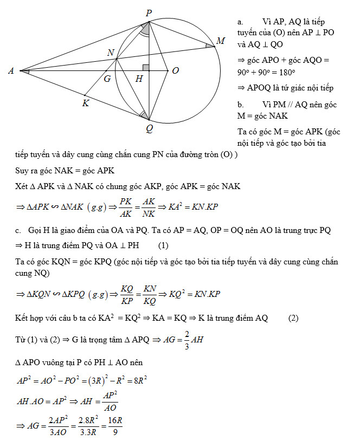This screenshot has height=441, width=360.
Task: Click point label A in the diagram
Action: (x=10, y=70)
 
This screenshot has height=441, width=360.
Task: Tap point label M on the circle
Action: (x=221, y=41)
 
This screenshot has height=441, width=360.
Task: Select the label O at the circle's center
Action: (x=175, y=70)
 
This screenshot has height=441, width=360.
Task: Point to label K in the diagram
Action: (x=86, y=103)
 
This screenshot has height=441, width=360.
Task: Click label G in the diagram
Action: (x=107, y=79)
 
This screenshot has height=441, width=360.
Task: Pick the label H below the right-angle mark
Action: (x=139, y=79)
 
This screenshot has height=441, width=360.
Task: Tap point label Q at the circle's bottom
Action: (x=149, y=128)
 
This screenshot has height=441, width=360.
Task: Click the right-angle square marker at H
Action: (x=145, y=67)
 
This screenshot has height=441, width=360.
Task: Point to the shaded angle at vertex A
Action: (x=25, y=70)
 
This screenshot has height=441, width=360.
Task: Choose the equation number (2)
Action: (x=293, y=317)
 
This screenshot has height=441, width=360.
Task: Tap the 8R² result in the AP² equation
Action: (x=140, y=380)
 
